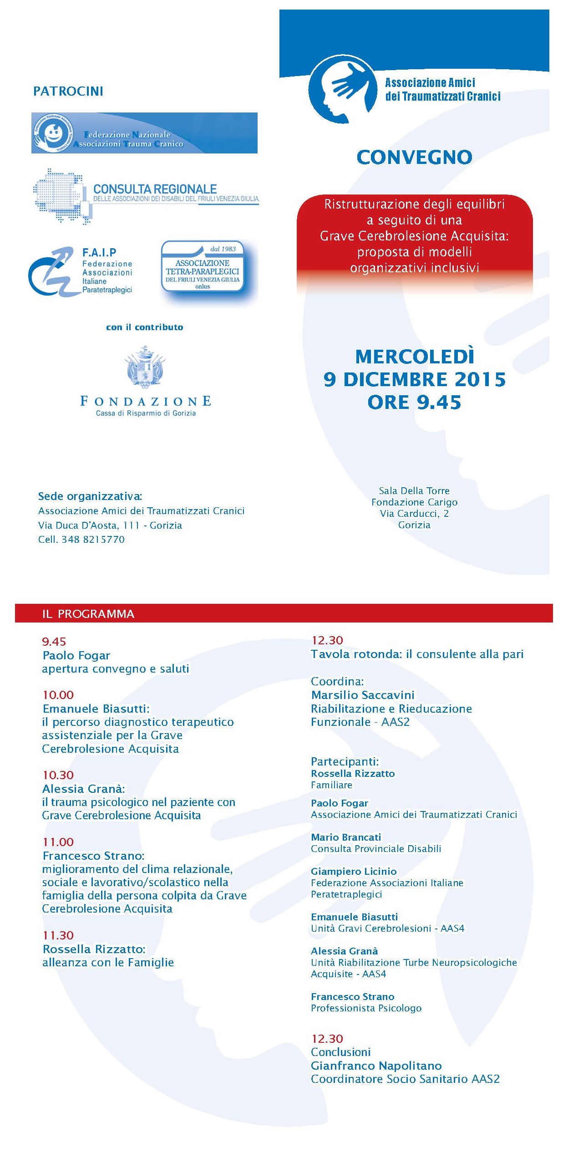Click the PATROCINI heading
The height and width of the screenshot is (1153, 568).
tap(68, 91)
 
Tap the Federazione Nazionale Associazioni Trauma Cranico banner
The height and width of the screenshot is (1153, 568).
tap(144, 133)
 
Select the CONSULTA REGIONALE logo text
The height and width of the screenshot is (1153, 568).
tap(155, 189)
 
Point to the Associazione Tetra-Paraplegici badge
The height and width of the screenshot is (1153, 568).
tap(203, 267)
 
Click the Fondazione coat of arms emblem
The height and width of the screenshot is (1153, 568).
tap(145, 367)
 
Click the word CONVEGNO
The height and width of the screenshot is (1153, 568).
tap(414, 158)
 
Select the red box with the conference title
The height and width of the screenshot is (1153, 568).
tap(414, 236)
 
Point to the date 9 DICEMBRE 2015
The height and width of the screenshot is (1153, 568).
tap(414, 380)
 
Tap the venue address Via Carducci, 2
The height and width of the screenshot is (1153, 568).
tap(414, 514)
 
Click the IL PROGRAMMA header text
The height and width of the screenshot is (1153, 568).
tap(88, 614)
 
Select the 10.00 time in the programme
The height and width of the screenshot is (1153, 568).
tap(58, 695)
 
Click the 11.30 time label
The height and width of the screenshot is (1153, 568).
tap(58, 935)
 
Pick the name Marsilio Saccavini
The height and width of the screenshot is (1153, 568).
tap(363, 695)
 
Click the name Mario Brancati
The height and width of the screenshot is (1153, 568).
tap(346, 837)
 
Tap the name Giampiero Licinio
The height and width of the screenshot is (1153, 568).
tap(354, 871)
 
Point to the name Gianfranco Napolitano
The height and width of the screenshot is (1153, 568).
tap(376, 1066)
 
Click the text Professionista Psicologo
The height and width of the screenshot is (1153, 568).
tap(366, 1008)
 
